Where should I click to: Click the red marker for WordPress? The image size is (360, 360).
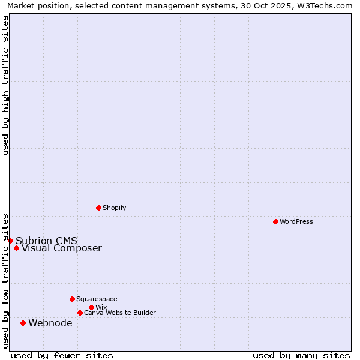(x=275, y=221)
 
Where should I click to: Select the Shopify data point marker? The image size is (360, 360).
(x=98, y=208)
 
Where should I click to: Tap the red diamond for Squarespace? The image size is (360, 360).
(x=72, y=299)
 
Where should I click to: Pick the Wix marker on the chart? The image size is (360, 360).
(x=91, y=307)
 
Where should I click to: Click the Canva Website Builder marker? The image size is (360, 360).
(x=80, y=313)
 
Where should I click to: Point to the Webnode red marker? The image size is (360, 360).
(x=23, y=323)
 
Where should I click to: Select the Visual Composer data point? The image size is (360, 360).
(x=16, y=248)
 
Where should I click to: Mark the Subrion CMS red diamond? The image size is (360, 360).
(x=10, y=241)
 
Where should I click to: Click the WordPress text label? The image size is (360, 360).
(x=296, y=221)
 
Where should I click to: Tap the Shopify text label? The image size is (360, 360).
(x=115, y=208)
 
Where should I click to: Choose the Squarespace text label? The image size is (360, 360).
(x=97, y=299)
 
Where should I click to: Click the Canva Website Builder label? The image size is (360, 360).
(x=120, y=313)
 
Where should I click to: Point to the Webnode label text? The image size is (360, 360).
(x=50, y=323)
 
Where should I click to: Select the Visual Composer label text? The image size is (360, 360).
(x=62, y=248)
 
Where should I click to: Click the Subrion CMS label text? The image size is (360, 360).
(x=46, y=241)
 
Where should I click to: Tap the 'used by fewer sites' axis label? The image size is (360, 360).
(x=62, y=355)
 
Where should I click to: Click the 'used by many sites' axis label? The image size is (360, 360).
(x=301, y=355)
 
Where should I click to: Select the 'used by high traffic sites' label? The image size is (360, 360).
(x=6, y=85)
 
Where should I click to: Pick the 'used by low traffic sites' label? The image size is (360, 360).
(x=6, y=281)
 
